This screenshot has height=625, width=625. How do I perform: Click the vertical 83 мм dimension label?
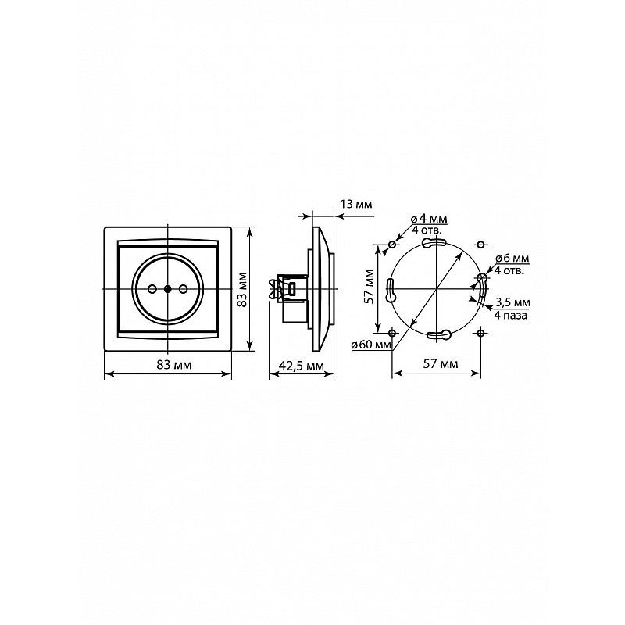(x=242, y=290)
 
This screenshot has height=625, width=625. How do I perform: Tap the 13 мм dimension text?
(x=356, y=205)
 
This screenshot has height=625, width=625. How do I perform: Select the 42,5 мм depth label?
(x=302, y=366)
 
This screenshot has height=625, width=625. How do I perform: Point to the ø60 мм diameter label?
(x=372, y=345)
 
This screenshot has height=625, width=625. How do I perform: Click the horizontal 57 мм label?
(x=441, y=364)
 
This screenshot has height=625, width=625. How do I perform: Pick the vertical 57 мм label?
(x=370, y=287)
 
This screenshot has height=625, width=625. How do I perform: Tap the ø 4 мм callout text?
(x=429, y=220)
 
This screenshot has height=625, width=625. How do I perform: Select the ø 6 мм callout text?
(x=512, y=259)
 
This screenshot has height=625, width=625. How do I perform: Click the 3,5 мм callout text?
(x=512, y=302)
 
